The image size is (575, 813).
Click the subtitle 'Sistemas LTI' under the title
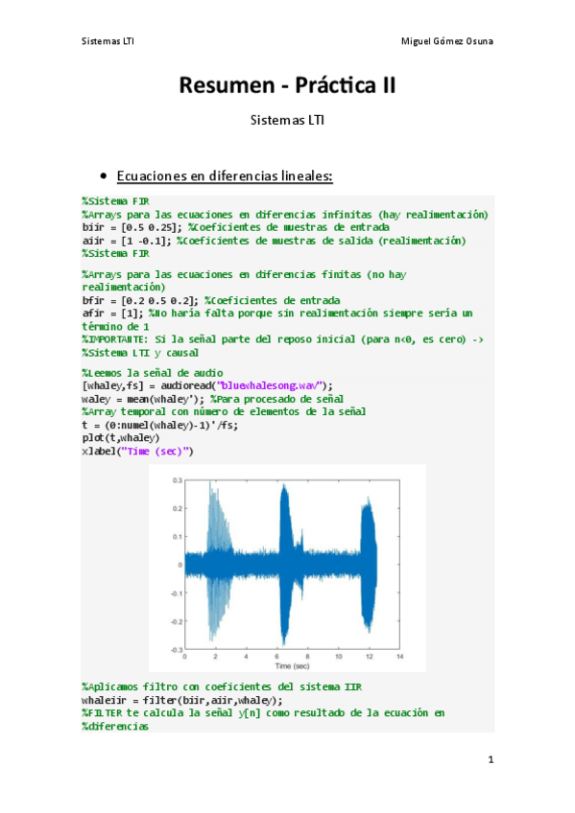tap(287, 121)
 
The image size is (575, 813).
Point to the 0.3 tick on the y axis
tap(177, 479)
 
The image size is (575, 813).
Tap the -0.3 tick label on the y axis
tap(175, 649)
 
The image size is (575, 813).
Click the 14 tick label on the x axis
tap(399, 657)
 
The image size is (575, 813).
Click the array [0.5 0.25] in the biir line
tap(150, 226)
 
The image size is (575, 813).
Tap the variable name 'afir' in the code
tap(94, 313)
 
